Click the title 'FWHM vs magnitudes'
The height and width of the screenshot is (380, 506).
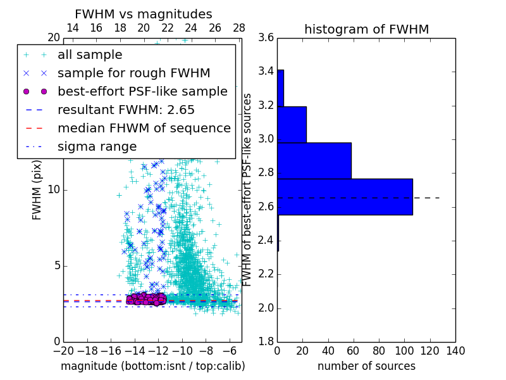[144, 14]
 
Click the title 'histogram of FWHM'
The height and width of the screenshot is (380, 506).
[366, 29]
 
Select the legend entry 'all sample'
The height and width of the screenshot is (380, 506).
[90, 55]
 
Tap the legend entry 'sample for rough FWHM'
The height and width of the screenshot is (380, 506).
[133, 73]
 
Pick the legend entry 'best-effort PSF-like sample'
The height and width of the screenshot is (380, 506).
[142, 92]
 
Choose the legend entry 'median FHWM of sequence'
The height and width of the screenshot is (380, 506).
[144, 129]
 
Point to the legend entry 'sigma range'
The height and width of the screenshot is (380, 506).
[97, 147]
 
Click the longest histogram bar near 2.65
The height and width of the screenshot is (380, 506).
[345, 197]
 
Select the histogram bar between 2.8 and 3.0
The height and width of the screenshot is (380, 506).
[314, 161]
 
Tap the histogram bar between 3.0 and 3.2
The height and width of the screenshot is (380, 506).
[292, 125]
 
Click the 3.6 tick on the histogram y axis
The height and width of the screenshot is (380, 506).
[266, 37]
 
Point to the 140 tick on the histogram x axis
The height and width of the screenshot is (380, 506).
[455, 350]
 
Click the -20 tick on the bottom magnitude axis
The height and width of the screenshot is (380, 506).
[63, 350]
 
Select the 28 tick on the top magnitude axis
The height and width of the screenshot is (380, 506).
[239, 28]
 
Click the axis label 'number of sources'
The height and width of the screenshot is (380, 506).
[366, 366]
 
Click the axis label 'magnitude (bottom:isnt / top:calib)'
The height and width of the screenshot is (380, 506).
[152, 366]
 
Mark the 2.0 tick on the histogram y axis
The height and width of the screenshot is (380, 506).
[266, 308]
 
